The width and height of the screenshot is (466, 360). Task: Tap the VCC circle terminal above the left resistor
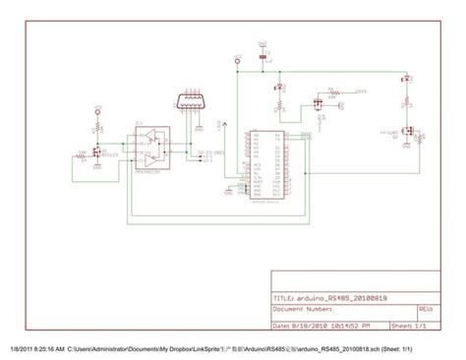(97, 111)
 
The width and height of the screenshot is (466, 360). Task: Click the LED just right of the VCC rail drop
(278, 89)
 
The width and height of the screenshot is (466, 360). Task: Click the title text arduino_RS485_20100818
(329, 297)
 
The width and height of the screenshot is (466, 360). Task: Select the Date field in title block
(320, 325)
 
